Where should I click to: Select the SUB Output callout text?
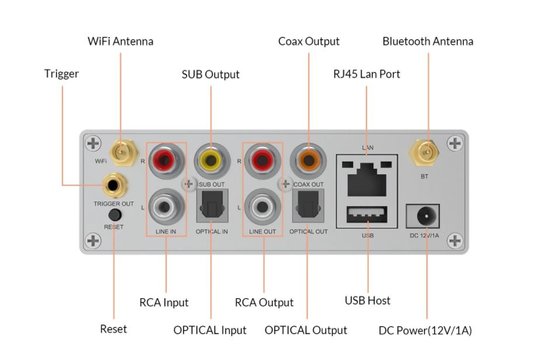tap(210, 74)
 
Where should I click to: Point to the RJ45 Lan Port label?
tap(369, 74)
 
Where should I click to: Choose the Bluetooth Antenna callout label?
tap(428, 41)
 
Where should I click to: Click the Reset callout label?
tap(113, 329)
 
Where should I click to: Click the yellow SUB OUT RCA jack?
tap(211, 159)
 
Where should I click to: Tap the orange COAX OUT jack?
tap(305, 159)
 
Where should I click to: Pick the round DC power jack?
tap(426, 214)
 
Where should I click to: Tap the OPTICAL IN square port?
tap(211, 207)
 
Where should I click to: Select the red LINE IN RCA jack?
tap(166, 159)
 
